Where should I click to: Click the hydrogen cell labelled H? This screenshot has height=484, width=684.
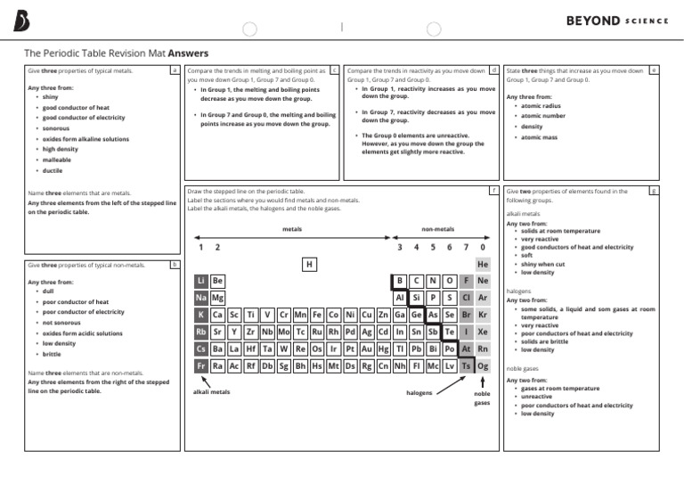[x=309, y=265]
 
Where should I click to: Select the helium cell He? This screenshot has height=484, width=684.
[x=482, y=265]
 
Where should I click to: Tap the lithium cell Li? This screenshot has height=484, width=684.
[x=201, y=281]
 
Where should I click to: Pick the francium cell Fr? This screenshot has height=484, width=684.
[x=201, y=365]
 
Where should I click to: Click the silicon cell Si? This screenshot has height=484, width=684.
[x=416, y=298]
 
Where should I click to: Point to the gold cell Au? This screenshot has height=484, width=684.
[x=366, y=349]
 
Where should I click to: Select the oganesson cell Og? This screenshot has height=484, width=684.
[x=482, y=365]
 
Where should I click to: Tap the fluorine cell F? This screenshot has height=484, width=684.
[x=466, y=281]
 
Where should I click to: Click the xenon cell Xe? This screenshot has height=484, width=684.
[x=482, y=332]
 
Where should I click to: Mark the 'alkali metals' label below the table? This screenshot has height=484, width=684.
[x=211, y=391]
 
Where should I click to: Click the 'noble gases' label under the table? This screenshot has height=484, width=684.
[x=482, y=398]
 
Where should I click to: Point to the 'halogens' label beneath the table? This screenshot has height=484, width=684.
[x=419, y=391]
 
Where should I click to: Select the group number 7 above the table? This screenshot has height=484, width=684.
[x=466, y=247]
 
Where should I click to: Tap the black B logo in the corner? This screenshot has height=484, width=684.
[x=21, y=21]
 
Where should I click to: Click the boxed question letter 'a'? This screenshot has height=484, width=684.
[x=175, y=70]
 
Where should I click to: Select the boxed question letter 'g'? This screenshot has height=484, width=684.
[x=654, y=191]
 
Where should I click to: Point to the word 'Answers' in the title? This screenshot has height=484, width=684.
[x=188, y=53]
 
